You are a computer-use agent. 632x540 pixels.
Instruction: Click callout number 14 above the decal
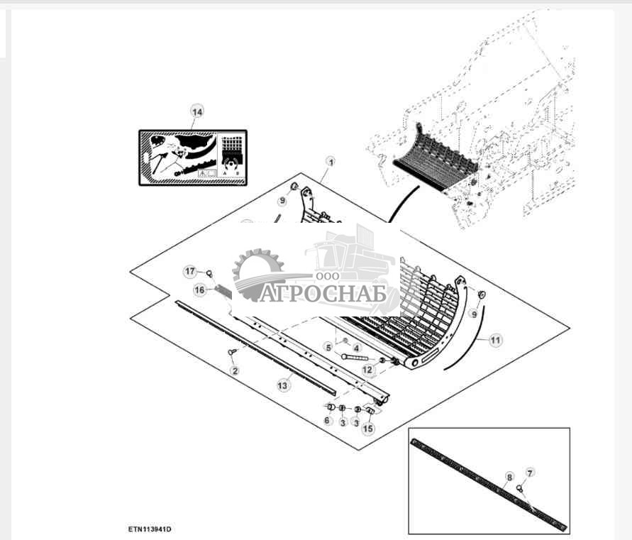pyautogui.click(x=196, y=111)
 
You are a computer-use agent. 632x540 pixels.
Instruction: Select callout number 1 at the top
pyautogui.click(x=331, y=162)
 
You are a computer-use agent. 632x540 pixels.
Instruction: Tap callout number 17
pyautogui.click(x=190, y=271)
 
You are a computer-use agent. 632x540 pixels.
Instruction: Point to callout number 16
pyautogui.click(x=200, y=290)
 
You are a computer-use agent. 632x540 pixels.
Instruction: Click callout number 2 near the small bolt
pyautogui.click(x=235, y=370)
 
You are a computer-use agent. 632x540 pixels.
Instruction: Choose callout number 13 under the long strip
pyautogui.click(x=283, y=385)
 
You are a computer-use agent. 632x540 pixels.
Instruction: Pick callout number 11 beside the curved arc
pyautogui.click(x=495, y=341)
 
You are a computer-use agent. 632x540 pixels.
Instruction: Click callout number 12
pyautogui.click(x=368, y=369)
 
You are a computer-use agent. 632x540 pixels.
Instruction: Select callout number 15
pyautogui.click(x=368, y=428)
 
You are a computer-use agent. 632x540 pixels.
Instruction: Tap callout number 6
pyautogui.click(x=327, y=420)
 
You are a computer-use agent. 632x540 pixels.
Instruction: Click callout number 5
pyautogui.click(x=329, y=347)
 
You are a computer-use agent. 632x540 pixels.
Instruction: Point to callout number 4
pyautogui.click(x=356, y=348)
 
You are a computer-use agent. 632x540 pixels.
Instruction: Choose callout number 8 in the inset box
pyautogui.click(x=509, y=477)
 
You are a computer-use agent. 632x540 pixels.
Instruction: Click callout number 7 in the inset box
pyautogui.click(x=530, y=473)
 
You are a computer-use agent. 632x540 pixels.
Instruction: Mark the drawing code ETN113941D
pyautogui.click(x=150, y=529)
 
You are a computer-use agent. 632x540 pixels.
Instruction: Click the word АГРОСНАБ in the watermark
pyautogui.click(x=323, y=293)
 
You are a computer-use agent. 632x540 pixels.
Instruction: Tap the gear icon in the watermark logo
pyautogui.click(x=257, y=274)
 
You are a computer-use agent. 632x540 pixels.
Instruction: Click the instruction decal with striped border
pyautogui.click(x=193, y=158)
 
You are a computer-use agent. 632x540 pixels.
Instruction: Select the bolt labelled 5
pyautogui.click(x=354, y=358)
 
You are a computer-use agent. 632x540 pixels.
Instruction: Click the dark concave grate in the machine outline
pyautogui.click(x=436, y=161)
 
